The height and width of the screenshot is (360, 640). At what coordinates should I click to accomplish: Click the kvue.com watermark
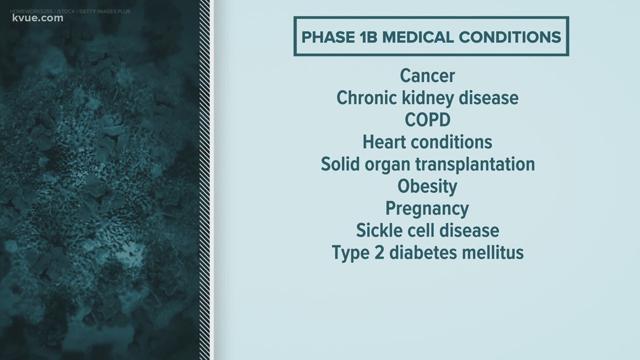pyautogui.click(x=38, y=18)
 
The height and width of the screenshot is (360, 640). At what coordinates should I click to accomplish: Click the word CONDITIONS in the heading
pyautogui.click(x=510, y=37)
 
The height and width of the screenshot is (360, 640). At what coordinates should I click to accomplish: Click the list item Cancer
pyautogui.click(x=427, y=76)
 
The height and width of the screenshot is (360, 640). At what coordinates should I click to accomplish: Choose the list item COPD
pyautogui.click(x=427, y=120)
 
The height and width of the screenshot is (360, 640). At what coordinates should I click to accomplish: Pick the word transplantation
pyautogui.click(x=475, y=164)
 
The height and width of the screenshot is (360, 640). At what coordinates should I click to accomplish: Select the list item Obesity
pyautogui.click(x=427, y=186)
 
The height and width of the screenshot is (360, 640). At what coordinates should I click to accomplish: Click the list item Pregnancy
pyautogui.click(x=427, y=209)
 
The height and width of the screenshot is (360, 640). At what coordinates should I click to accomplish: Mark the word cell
pyautogui.click(x=414, y=230)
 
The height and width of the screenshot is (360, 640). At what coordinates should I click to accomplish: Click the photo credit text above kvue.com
pyautogui.click(x=70, y=11)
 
